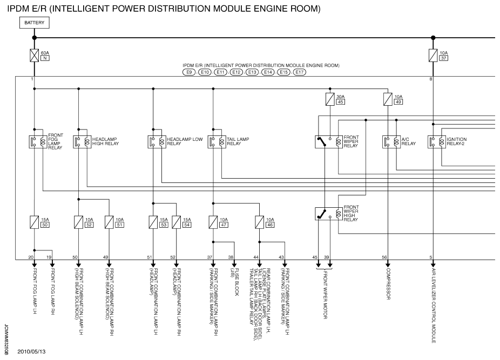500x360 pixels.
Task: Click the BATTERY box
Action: (x=34, y=23)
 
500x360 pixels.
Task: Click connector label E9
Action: (x=189, y=72)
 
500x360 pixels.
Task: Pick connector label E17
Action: (x=300, y=72)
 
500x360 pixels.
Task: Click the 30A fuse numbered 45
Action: (x=329, y=99)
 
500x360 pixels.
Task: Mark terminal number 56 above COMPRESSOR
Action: (x=385, y=257)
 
